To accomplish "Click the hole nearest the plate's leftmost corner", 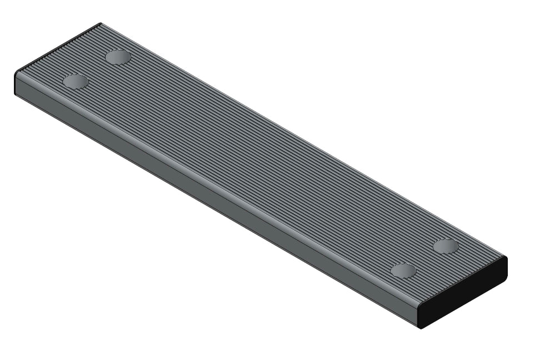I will [x=76, y=82].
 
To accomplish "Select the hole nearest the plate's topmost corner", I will [x=118, y=57].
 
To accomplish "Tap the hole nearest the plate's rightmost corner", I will [x=446, y=246].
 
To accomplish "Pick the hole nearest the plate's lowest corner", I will [x=403, y=271].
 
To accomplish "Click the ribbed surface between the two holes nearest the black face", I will [x=424, y=258].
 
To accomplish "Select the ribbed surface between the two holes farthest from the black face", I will [x=97, y=69].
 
